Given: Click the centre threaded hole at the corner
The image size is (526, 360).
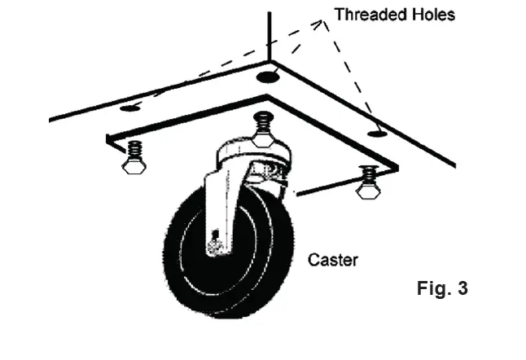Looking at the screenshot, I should (267, 77).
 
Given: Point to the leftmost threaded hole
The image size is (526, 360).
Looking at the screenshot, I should (129, 107).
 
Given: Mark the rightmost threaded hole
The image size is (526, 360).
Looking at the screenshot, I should (375, 132).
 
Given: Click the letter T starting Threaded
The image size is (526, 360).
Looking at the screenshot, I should (337, 15).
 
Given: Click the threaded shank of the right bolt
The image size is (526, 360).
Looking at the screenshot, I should (369, 174).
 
